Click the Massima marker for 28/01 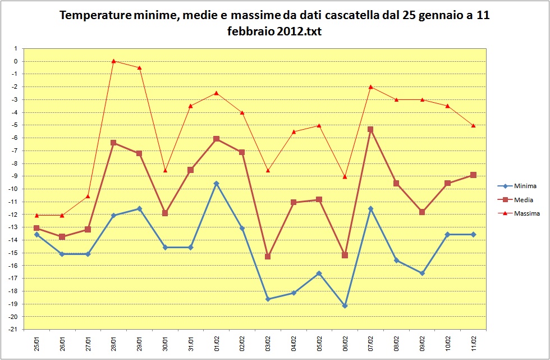click(113, 61)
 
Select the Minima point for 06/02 click(345, 306)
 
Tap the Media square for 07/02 click(370, 129)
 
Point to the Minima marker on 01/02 click(216, 183)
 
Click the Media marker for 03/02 click(268, 256)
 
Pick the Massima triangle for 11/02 click(473, 125)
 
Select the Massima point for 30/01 click(165, 170)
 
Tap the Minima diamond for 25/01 click(36, 234)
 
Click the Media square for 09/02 click(422, 212)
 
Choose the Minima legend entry click(525, 186)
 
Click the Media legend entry click(523, 199)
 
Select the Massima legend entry click(526, 213)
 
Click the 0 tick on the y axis click(16, 61)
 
